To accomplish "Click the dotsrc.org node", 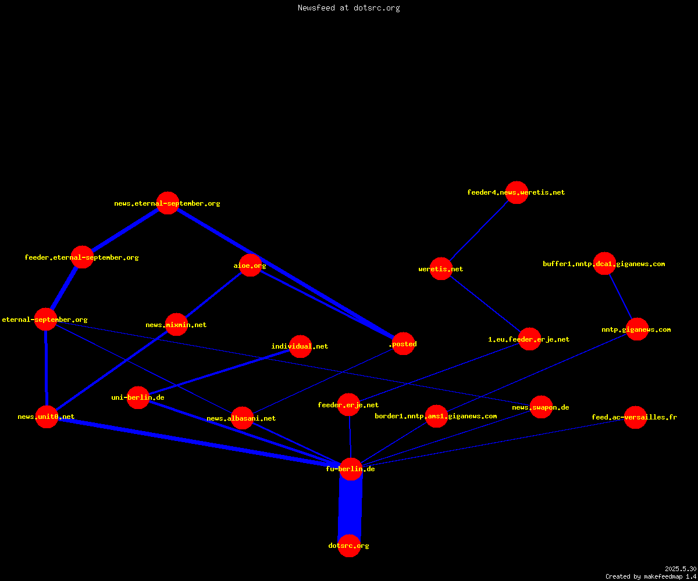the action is [x=349, y=546].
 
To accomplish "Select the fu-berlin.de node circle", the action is [x=351, y=469].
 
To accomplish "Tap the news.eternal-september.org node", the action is [x=168, y=203].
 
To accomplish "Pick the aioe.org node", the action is [x=250, y=265].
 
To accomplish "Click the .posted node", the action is [x=404, y=343].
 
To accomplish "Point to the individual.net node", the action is [x=301, y=346].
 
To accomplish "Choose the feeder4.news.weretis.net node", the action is [x=517, y=192].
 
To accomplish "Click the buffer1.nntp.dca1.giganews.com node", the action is [x=605, y=263].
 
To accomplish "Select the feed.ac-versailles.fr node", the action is [x=636, y=417].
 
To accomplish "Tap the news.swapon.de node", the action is [x=541, y=407].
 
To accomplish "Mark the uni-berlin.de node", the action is [x=138, y=397].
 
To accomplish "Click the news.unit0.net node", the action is [x=47, y=417].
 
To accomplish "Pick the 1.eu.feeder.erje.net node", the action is [x=529, y=339].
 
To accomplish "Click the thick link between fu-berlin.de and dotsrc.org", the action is [x=350, y=508].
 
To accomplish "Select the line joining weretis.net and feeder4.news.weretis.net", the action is [x=479, y=231].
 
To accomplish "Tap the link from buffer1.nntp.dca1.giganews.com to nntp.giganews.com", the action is [x=621, y=296].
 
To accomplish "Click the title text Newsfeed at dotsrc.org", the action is [x=348, y=8].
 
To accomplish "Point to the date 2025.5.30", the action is [x=681, y=569].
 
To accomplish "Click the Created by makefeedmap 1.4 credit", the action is [x=651, y=576].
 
